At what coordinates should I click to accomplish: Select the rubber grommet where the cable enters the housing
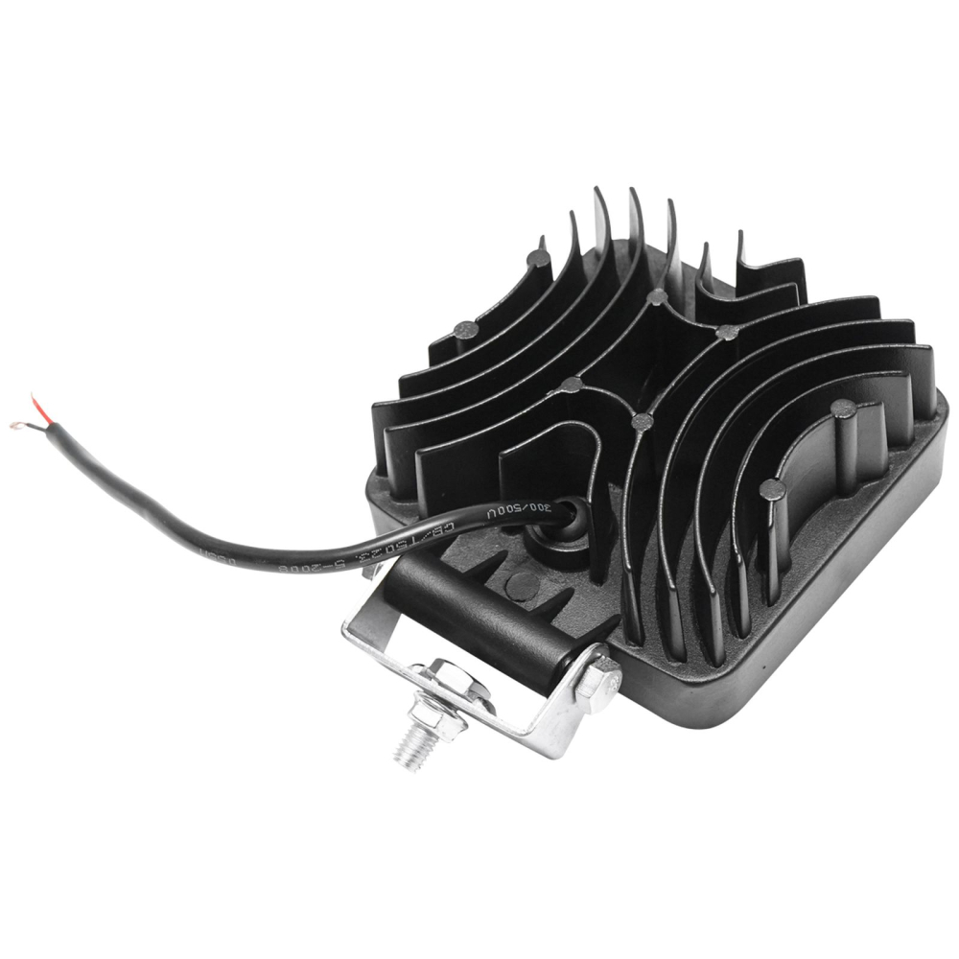pos(568,524)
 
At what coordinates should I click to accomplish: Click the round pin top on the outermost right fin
pos(843,409)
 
